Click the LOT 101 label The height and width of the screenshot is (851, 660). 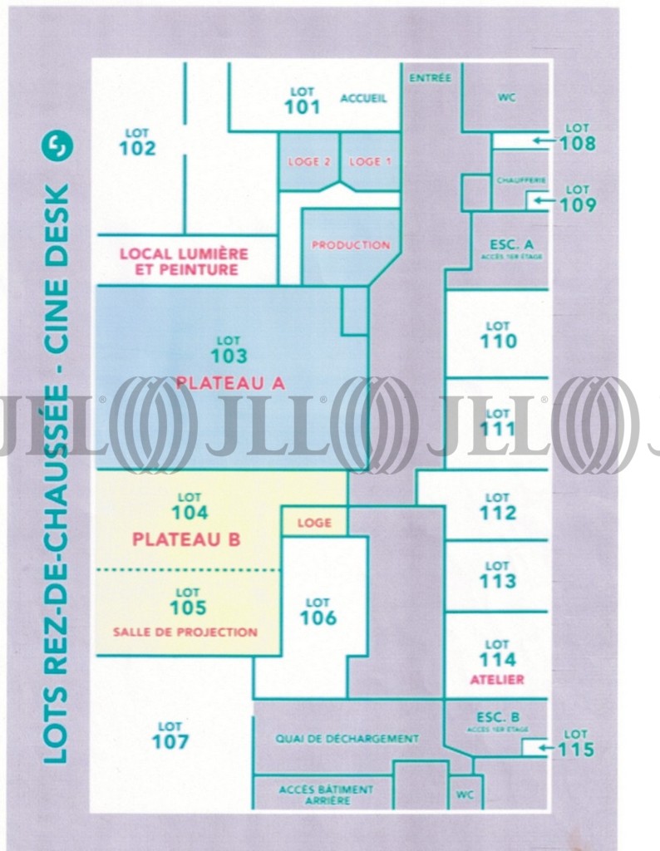coord(302,101)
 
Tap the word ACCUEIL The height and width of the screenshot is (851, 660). coord(363,99)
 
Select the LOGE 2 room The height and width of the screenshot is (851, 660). coord(309,162)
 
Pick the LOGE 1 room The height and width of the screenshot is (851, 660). coord(370,162)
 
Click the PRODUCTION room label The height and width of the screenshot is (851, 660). coord(351,245)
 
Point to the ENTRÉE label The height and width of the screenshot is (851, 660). coord(431,78)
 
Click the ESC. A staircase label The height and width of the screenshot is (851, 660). coord(510,247)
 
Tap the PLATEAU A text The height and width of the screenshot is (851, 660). coord(230,383)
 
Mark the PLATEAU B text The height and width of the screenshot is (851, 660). coord(186,539)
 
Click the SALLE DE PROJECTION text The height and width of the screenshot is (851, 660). coord(185,632)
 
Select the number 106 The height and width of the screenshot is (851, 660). coord(318,618)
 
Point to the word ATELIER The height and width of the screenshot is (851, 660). coord(497,680)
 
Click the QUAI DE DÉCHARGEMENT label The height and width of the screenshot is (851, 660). coord(347,739)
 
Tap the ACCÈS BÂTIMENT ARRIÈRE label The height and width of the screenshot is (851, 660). coord(326,794)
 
